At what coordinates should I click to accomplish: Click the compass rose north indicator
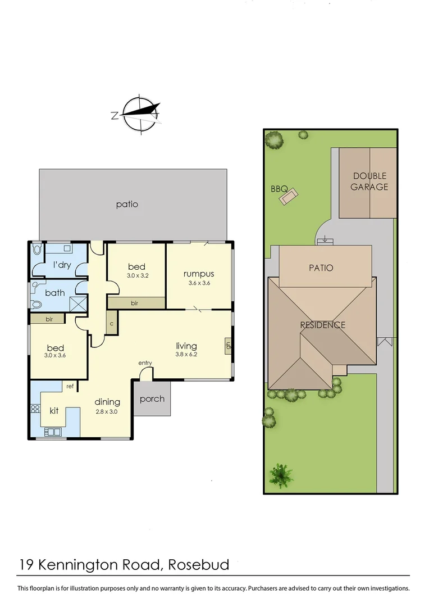[x=115, y=116]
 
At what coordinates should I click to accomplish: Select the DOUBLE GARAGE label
[x=369, y=182]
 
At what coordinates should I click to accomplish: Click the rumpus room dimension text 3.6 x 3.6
[x=199, y=283]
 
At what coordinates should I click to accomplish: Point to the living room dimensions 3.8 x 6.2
[x=186, y=355]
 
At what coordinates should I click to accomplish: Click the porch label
[x=152, y=399]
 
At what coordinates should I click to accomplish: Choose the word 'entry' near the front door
[x=145, y=363]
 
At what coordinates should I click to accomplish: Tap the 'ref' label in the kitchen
[x=70, y=386]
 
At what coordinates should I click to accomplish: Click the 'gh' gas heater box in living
[x=227, y=346]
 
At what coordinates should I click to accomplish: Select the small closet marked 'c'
[x=112, y=324]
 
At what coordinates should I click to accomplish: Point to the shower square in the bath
[x=77, y=304]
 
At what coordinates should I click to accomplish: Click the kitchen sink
[x=53, y=432]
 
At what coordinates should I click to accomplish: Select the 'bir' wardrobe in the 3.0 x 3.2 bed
[x=135, y=303]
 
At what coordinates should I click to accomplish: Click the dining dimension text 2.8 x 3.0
[x=107, y=411]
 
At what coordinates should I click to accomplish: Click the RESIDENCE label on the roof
[x=322, y=325]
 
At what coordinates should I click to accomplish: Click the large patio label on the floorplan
[x=127, y=204]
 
